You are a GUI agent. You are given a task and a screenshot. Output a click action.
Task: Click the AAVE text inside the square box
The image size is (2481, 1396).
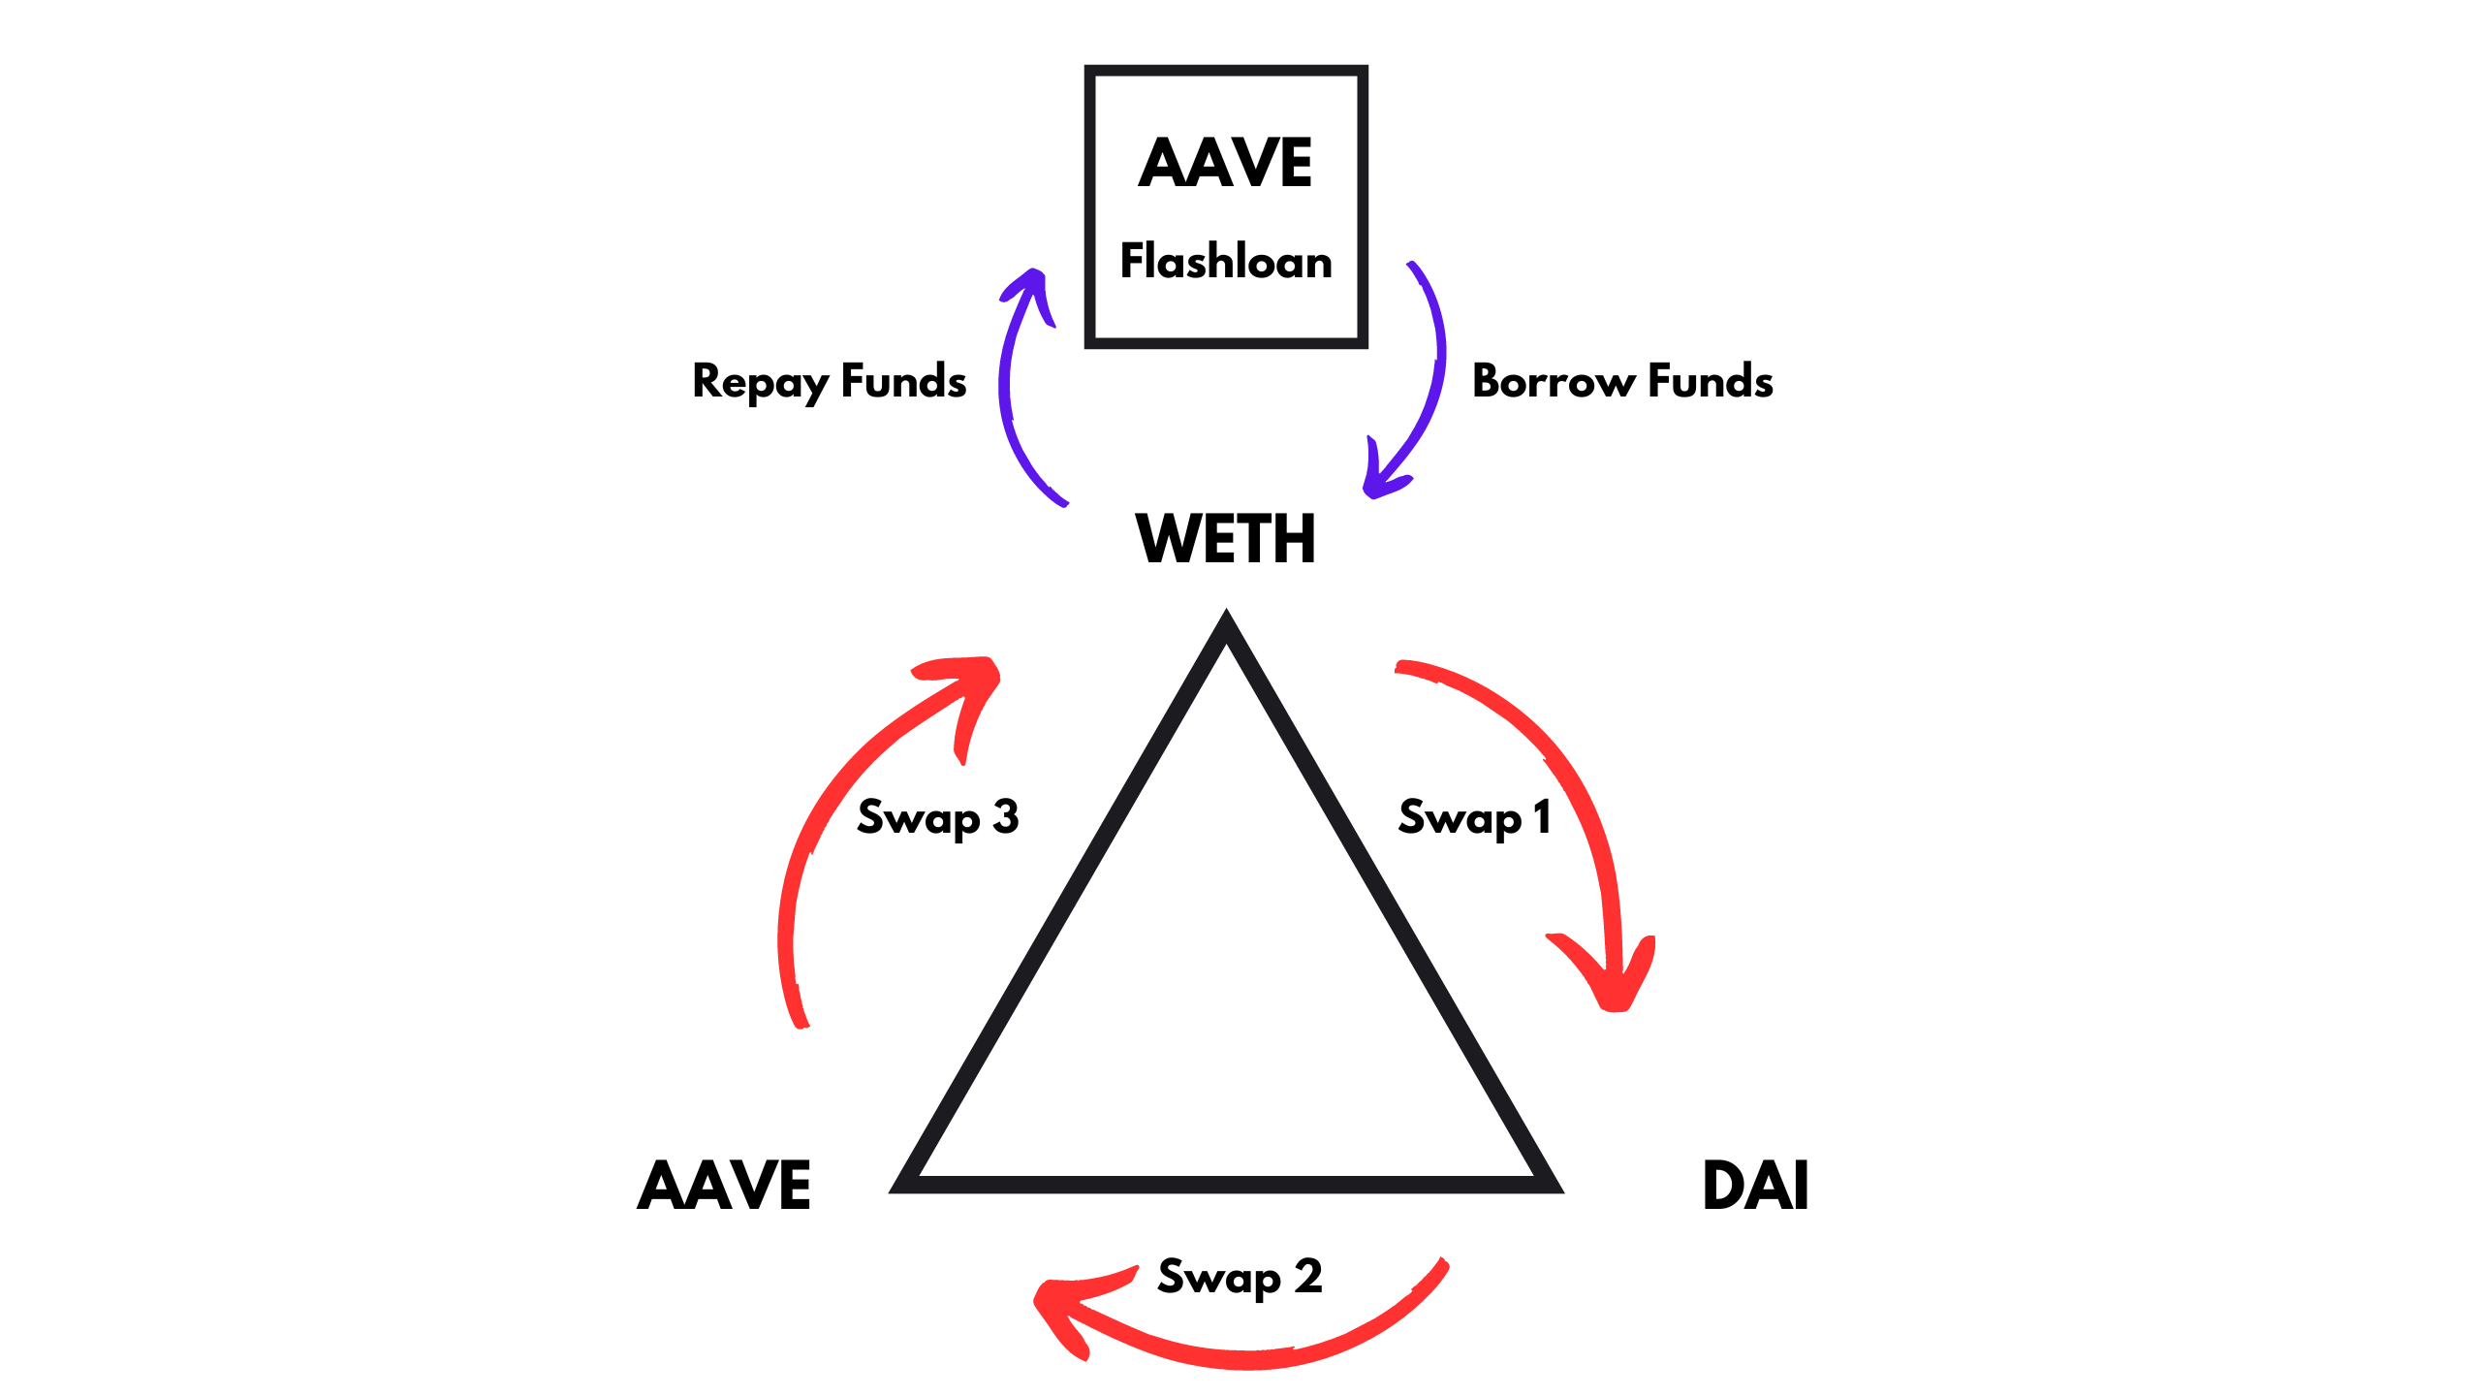[x=1225, y=163]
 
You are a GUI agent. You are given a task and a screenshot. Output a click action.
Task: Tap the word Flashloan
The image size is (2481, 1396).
[x=1226, y=262]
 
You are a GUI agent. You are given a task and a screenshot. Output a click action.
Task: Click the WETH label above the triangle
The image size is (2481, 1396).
[x=1226, y=539]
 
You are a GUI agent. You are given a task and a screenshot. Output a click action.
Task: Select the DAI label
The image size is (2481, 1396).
[x=1755, y=1186]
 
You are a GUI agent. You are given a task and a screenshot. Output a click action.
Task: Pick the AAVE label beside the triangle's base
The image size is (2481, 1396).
[x=724, y=1186]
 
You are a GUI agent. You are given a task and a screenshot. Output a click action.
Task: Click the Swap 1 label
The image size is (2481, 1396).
[x=1474, y=818]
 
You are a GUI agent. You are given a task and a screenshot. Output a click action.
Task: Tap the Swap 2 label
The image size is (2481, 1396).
[x=1240, y=1278]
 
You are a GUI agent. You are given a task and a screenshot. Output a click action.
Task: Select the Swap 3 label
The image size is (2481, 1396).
[x=937, y=818]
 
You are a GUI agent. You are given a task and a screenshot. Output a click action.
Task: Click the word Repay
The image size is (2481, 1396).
[x=761, y=382]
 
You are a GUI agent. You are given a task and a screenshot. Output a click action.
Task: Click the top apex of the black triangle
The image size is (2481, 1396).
[x=1226, y=620]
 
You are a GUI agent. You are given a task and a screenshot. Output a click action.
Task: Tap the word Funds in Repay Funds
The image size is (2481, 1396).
[x=903, y=381]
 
